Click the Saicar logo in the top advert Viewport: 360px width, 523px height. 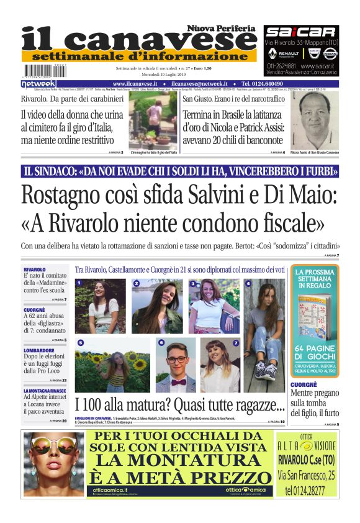(300, 32)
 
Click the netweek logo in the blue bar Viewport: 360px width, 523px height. (39, 84)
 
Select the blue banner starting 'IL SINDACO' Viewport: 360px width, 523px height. (180, 171)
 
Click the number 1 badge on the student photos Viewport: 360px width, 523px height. (79, 283)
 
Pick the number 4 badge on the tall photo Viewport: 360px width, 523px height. (249, 283)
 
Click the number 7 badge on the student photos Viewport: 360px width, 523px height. (235, 342)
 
